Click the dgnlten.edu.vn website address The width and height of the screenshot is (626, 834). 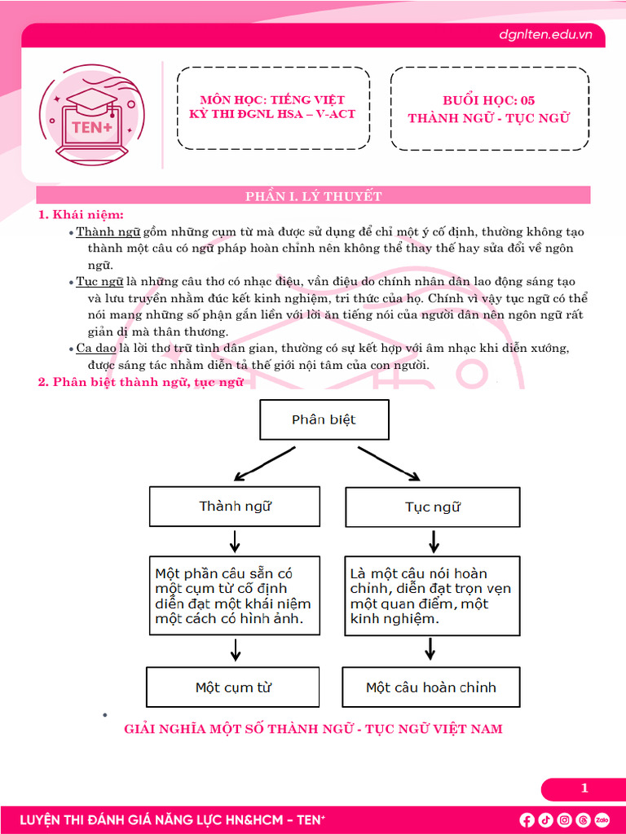click(545, 34)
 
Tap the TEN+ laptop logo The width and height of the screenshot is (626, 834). click(93, 115)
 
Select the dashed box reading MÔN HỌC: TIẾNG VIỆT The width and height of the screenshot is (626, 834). click(273, 108)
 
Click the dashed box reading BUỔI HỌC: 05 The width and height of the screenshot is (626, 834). click(490, 108)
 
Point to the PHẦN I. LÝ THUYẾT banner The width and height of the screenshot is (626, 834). click(314, 195)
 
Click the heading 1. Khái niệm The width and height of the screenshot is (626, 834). click(81, 215)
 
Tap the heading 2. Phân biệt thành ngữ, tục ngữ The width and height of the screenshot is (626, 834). click(140, 382)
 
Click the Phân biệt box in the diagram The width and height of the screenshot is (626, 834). click(324, 419)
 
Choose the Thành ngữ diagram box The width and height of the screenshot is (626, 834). click(235, 507)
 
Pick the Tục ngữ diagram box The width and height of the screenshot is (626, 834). click(433, 507)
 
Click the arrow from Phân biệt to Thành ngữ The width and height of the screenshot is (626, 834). click(265, 463)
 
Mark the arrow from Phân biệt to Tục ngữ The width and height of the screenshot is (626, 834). click(389, 463)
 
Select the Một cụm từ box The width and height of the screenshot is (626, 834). click(233, 687)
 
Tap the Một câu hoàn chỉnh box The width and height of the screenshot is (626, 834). click(431, 687)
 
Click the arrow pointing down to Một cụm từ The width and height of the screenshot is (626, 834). click(236, 649)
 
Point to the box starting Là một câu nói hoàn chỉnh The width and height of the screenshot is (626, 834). click(432, 595)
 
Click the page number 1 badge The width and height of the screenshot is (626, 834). click(584, 788)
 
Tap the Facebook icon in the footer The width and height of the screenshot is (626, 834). click(527, 819)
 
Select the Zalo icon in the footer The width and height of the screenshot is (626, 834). click(602, 819)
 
